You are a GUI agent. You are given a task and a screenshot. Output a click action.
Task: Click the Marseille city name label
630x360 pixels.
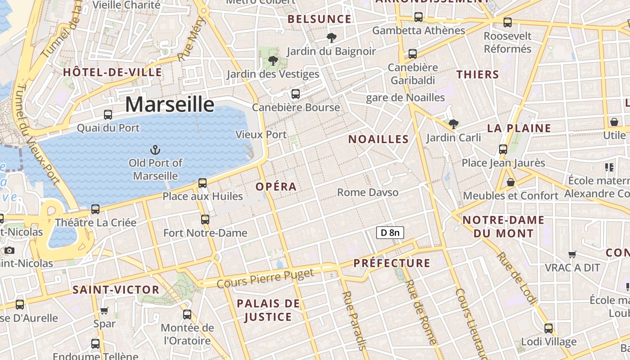point(170,104)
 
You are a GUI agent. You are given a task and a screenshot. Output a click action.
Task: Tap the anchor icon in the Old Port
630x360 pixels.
point(155,149)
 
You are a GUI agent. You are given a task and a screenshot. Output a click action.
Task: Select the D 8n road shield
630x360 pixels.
point(390,233)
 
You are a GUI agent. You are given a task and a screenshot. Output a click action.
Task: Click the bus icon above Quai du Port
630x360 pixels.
point(108,114)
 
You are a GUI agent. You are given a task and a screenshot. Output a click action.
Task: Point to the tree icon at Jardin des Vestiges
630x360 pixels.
point(272,60)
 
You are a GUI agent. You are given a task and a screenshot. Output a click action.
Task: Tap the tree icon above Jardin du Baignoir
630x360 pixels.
point(332,38)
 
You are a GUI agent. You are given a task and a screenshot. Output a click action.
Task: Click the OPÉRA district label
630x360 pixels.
point(276,186)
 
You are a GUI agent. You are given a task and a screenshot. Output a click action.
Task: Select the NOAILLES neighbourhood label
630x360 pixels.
point(378,139)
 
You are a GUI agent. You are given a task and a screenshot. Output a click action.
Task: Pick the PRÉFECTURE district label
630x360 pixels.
point(392,263)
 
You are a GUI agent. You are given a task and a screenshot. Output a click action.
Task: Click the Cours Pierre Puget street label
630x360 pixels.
point(265,279)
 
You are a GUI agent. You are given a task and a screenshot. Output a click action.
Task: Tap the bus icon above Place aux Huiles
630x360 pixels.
point(202,183)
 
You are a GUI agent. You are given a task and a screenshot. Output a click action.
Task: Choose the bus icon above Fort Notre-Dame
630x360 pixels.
point(205,219)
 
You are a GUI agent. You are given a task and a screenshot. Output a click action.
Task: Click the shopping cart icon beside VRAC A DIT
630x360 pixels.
point(572,254)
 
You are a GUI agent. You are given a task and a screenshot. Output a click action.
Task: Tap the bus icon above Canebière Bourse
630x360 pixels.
point(296,94)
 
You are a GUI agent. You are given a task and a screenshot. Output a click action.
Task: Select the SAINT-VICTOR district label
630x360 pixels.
point(116,290)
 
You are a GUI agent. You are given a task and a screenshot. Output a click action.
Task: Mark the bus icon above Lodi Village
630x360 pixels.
point(549,328)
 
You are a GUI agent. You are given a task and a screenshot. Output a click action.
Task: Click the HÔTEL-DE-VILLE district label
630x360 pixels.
point(112,72)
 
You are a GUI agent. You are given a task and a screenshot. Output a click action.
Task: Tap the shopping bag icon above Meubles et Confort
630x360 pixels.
point(511,182)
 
